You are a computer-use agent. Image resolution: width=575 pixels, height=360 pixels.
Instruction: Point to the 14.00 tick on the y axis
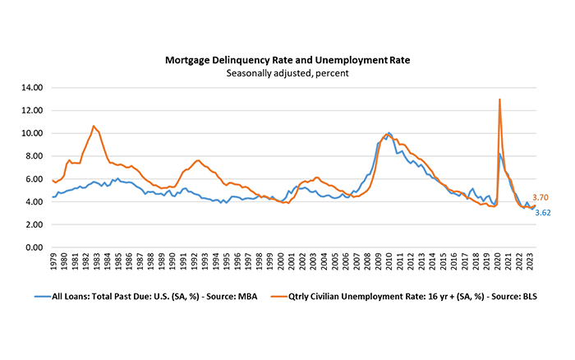tap(30, 87)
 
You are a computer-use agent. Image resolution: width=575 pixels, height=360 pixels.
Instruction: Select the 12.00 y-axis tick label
tap(30, 110)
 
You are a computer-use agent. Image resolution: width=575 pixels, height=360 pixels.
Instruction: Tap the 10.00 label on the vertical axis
tap(30, 133)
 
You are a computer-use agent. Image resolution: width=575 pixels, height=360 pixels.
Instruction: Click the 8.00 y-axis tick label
tap(33, 156)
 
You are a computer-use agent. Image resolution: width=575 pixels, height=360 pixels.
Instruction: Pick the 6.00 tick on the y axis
tap(33, 179)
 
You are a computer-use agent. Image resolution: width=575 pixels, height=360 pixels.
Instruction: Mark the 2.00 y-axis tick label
tap(33, 224)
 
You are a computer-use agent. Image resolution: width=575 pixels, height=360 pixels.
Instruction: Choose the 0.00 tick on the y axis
tap(33, 247)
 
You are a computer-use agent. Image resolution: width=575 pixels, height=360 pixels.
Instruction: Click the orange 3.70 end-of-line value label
tap(540, 197)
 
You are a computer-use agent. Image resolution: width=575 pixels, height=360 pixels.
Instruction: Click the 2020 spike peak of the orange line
tap(499, 99)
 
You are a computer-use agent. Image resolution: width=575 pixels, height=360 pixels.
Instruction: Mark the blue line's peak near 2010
tap(389, 132)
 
